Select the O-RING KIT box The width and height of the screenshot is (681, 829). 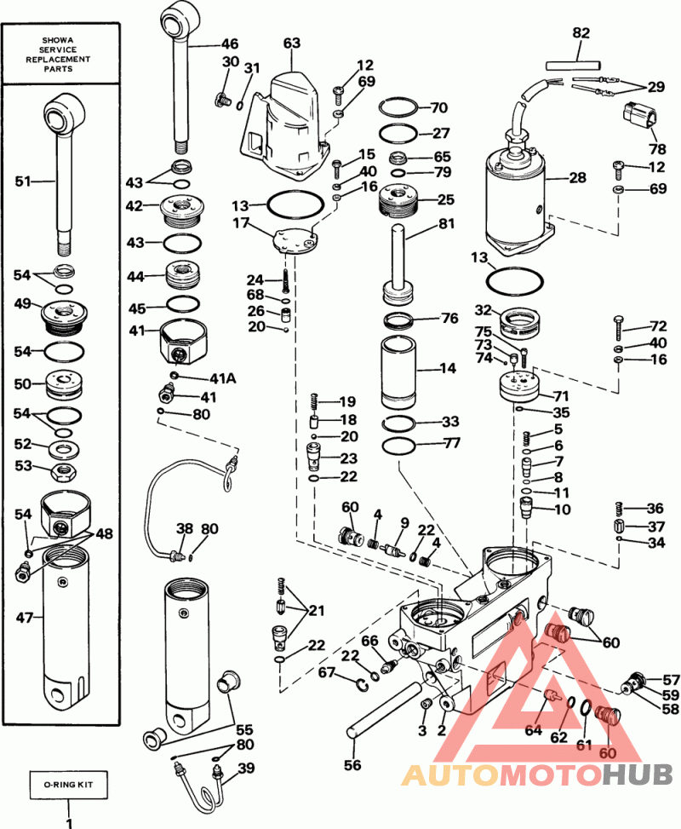coord(69,782)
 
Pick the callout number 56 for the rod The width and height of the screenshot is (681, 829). coord(352,765)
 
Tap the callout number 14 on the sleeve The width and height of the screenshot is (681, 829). coord(447,369)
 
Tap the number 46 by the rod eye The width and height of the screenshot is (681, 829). coord(230,43)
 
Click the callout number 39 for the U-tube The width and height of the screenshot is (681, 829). coord(245,768)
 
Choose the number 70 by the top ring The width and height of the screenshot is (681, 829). coord(438,108)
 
